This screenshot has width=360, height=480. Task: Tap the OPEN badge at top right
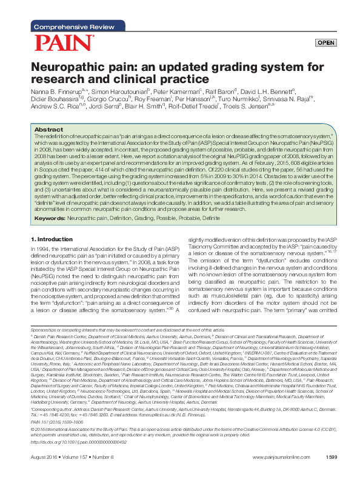[326, 42]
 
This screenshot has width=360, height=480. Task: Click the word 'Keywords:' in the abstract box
[49, 218]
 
